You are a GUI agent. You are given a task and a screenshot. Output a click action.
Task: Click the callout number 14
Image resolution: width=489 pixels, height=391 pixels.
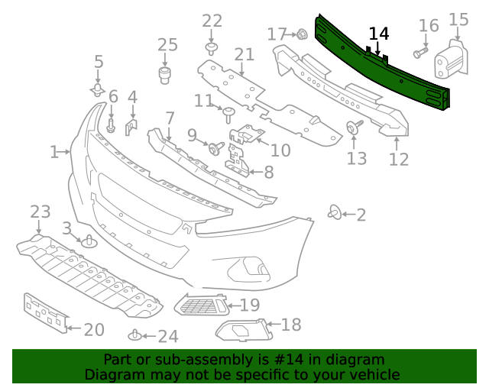point(379,34)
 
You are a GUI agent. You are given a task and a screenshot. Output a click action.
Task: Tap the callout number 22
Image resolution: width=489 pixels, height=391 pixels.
point(212,21)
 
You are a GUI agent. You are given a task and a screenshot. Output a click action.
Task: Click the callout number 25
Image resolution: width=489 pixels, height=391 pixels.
point(167,45)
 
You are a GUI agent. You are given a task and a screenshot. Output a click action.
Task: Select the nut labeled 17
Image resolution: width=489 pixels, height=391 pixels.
point(301,34)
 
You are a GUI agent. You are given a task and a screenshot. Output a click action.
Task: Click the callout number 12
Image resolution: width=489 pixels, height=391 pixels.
point(398,160)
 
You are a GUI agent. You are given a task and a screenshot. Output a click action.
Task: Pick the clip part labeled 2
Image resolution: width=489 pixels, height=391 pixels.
point(335,212)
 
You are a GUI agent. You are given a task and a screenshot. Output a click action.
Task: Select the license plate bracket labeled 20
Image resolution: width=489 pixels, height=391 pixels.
point(44,313)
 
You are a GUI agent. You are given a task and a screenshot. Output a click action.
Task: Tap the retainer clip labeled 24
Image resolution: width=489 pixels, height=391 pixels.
point(135,335)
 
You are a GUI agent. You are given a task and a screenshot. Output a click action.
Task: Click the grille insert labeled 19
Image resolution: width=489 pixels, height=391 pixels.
point(202,306)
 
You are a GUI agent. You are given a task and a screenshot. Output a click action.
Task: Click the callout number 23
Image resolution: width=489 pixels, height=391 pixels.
point(40,211)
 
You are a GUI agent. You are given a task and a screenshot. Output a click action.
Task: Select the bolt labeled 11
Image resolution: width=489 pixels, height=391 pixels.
point(228,115)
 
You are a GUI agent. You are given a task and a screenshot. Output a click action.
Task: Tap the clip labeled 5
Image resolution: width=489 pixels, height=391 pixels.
point(98,91)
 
